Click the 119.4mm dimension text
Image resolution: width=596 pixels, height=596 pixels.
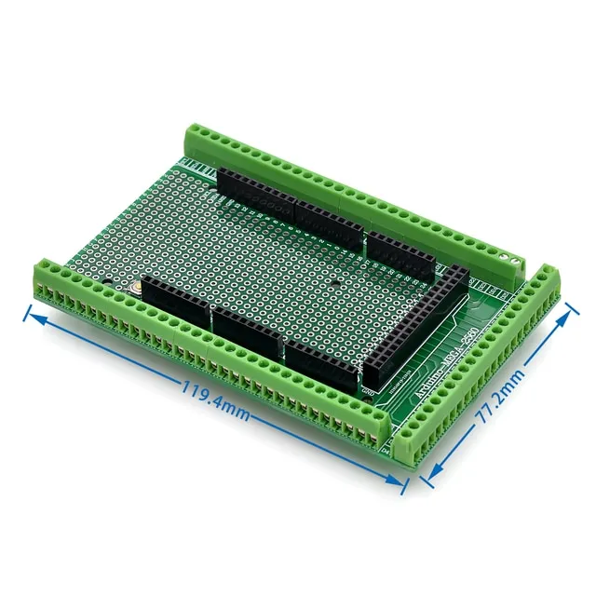(215, 403)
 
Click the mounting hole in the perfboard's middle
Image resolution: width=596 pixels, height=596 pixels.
(334, 282)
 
